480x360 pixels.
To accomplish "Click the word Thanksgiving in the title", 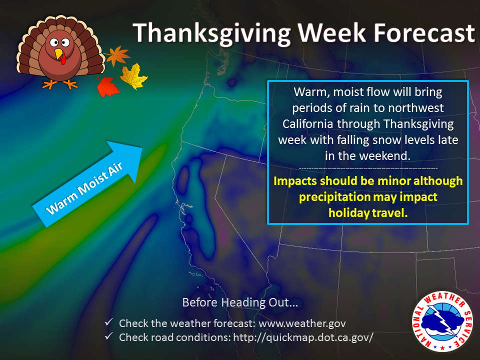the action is (211, 33).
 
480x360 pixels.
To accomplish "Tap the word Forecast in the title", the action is (424, 32).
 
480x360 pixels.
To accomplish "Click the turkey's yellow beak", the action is (58, 54).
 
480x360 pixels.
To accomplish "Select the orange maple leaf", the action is (117, 55).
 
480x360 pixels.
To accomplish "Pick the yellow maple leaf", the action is (134, 76).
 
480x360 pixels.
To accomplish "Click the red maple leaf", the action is (107, 86).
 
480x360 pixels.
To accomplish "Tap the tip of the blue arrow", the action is (142, 148).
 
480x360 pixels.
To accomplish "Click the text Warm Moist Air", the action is (84, 188).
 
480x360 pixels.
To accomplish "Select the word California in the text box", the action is (308, 124).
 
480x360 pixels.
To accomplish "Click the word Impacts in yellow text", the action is (295, 181).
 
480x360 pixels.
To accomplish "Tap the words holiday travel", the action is (368, 213).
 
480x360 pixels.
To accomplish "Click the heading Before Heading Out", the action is (240, 302).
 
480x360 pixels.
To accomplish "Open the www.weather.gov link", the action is (302, 323).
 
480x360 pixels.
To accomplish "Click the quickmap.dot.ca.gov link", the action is (303, 337).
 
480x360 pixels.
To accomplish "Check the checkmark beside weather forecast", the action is (109, 322).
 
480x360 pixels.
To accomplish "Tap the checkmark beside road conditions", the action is (109, 336).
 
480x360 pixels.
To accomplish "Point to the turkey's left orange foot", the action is (49, 84).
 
